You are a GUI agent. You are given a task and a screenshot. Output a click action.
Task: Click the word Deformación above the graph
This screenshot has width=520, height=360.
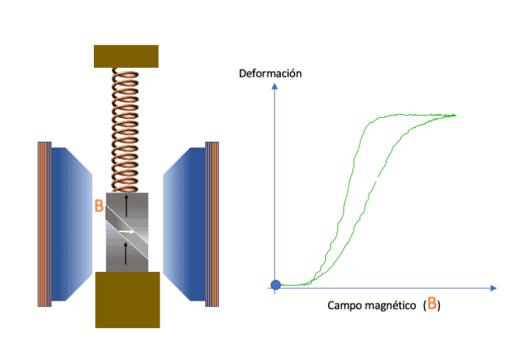pos(270,73)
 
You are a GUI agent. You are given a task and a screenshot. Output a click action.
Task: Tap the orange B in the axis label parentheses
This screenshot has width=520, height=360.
pos(431,304)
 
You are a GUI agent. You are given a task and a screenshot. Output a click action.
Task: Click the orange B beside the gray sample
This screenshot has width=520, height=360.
pos(99,205)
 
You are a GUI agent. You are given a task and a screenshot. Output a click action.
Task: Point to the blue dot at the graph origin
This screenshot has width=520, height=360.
pos(274,285)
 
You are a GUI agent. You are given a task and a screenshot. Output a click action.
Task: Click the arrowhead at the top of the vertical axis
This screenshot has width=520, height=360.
pos(274,85)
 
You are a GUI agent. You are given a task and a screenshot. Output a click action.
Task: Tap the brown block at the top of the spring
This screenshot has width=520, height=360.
pos(126,56)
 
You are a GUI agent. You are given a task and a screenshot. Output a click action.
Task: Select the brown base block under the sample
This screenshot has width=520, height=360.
pos(127,299)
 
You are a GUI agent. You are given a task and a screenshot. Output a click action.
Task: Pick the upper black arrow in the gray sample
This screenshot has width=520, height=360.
pos(127,205)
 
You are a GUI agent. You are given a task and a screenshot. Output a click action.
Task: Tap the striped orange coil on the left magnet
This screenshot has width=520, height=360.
pos(45,224)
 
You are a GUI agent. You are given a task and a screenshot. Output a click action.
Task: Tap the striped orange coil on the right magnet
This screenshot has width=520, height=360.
pos(212,224)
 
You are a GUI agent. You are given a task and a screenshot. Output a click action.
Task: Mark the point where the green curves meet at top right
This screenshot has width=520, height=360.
pos(455,115)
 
